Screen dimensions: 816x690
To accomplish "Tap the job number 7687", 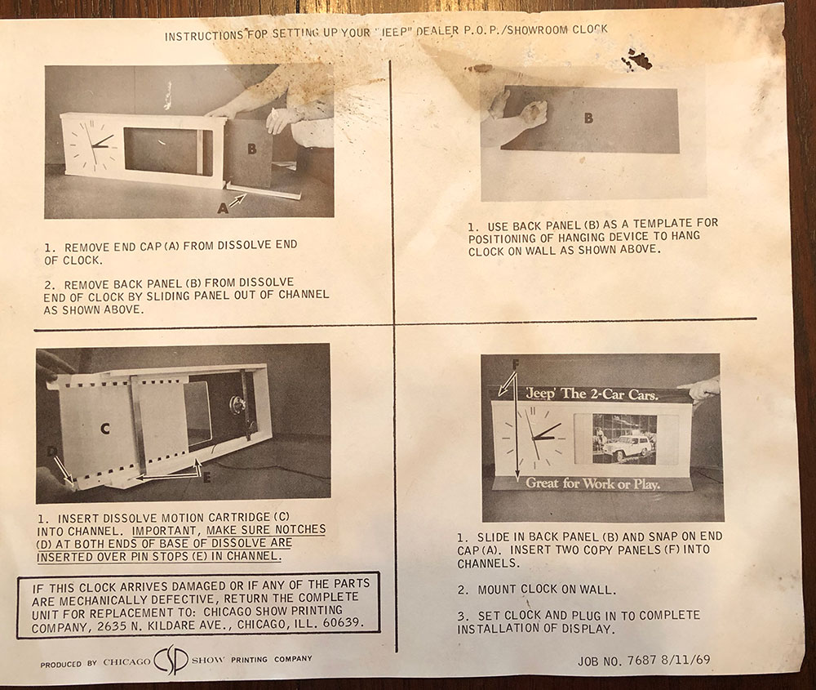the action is (x=641, y=661).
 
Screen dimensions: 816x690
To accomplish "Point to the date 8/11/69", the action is (x=685, y=660).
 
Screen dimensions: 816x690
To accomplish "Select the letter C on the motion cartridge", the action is (x=105, y=429).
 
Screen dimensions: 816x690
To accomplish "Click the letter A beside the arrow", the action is (x=223, y=208).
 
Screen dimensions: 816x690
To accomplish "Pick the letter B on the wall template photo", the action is (x=588, y=118).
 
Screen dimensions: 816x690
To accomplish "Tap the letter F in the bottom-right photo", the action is (x=515, y=364).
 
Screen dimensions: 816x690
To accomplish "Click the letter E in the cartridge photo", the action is (x=206, y=477).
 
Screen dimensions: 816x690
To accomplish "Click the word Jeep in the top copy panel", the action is (x=540, y=394).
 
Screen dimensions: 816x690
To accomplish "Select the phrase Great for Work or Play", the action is (x=592, y=483).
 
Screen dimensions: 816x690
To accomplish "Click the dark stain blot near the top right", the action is (x=639, y=59).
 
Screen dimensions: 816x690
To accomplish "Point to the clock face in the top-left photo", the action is (x=93, y=144).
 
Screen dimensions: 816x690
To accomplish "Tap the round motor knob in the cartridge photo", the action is (x=237, y=403).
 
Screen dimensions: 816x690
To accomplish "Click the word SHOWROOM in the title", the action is (x=537, y=30).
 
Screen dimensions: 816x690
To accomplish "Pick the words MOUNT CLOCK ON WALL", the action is (x=547, y=590).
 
